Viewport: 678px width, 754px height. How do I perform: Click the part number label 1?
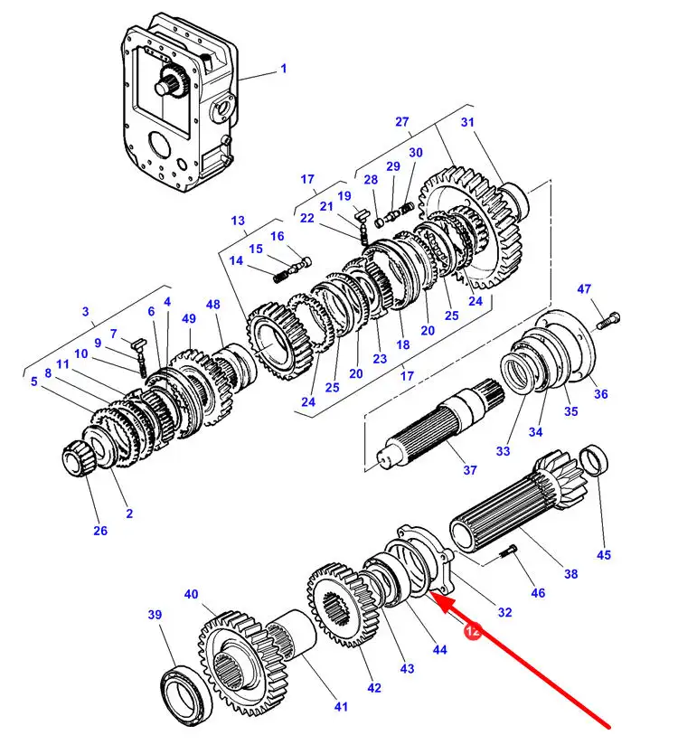(x=283, y=69)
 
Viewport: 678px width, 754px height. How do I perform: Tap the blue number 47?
(x=585, y=289)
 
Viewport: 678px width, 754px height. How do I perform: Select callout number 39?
(x=155, y=615)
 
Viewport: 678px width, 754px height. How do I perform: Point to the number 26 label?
(x=100, y=531)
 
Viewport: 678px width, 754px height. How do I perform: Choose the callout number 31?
(x=467, y=123)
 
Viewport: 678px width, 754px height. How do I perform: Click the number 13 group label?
(x=238, y=221)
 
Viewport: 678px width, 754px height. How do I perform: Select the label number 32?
(x=504, y=612)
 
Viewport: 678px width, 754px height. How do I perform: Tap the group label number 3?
(x=87, y=313)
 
